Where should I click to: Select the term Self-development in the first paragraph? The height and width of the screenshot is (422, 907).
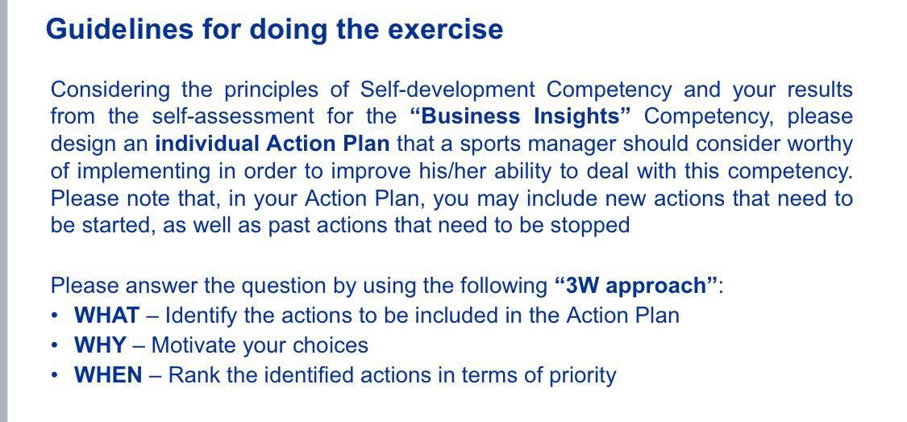point(447,89)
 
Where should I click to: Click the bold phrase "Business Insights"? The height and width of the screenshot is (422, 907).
point(520,116)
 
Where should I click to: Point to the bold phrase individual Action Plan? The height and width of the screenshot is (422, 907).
point(272,144)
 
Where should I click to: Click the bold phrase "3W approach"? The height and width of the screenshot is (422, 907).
point(635,286)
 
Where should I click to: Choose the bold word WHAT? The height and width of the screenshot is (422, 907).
point(106,315)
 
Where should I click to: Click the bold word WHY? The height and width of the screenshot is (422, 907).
point(100,345)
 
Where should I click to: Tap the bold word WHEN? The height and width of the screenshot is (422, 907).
point(108,375)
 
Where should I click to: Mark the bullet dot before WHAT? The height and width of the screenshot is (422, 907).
point(54,315)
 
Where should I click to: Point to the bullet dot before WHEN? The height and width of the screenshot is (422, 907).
point(54,375)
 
